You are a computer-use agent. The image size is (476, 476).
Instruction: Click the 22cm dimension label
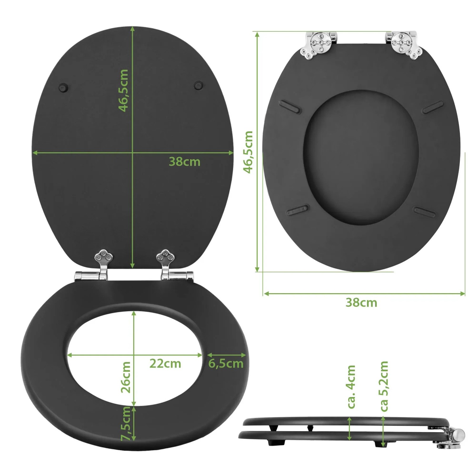(165, 363)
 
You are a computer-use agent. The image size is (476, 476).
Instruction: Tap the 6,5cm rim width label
(226, 364)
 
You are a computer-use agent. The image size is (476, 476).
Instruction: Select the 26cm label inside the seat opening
(126, 377)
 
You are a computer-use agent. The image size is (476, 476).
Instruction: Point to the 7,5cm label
(126, 423)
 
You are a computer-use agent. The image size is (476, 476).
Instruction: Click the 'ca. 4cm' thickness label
(351, 387)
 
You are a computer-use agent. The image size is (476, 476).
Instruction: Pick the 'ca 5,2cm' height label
(384, 386)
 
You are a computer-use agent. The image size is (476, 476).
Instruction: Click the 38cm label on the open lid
(184, 162)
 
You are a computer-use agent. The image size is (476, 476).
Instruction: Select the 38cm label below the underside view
(361, 302)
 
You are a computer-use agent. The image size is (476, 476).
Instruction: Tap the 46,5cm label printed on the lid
(123, 90)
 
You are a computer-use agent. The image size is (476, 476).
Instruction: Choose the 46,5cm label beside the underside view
(248, 152)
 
